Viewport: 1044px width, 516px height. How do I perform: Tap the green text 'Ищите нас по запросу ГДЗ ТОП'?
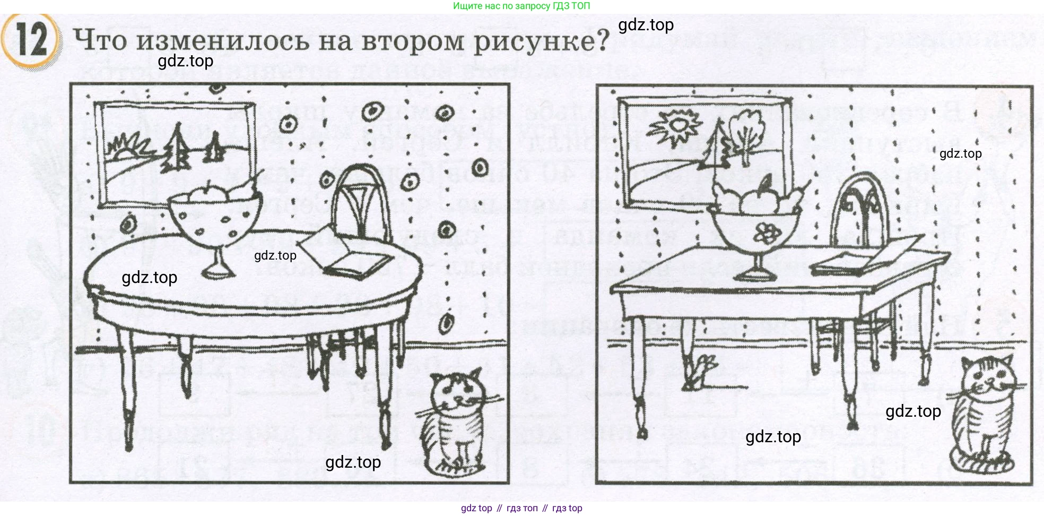pos(521,6)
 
